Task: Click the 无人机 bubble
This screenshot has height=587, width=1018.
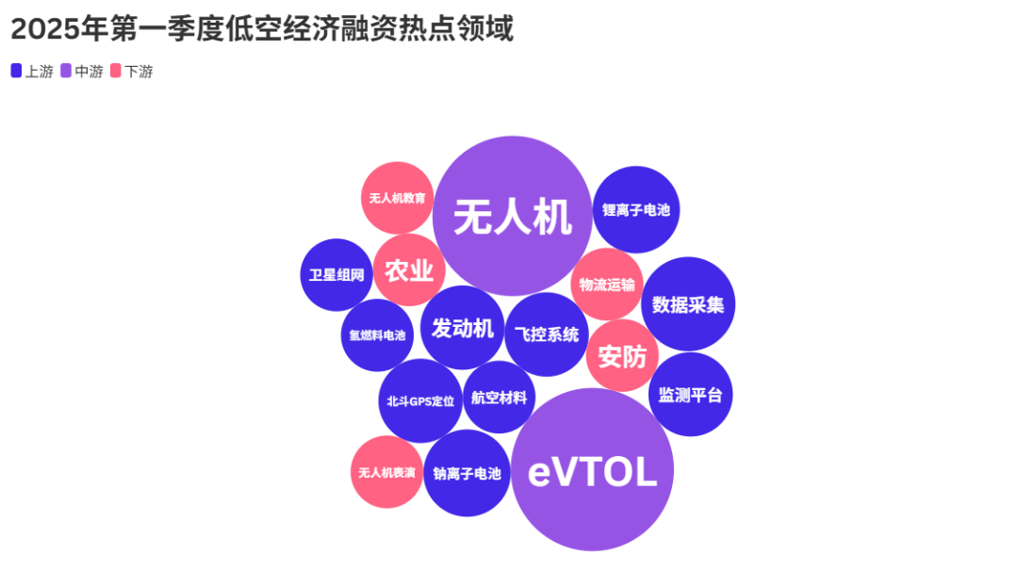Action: click(x=512, y=216)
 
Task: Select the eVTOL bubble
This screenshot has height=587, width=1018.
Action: click(x=592, y=469)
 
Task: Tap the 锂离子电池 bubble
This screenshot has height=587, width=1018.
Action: click(x=636, y=209)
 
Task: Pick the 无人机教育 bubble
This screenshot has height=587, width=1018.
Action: click(x=398, y=198)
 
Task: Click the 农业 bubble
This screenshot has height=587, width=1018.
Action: click(x=409, y=269)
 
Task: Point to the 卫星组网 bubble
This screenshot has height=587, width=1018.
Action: click(x=337, y=275)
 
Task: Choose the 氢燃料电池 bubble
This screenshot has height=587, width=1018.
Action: click(x=377, y=335)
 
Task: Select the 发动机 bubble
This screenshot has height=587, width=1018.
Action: click(x=462, y=328)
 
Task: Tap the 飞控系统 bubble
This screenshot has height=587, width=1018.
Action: click(x=547, y=334)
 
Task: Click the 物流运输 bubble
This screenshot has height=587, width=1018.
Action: click(x=607, y=285)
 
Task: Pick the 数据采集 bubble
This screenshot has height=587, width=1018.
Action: click(x=688, y=304)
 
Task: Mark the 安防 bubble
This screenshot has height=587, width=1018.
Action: click(x=623, y=355)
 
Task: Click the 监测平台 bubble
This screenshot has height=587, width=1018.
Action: click(x=690, y=395)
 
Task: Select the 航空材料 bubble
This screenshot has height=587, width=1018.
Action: click(x=500, y=397)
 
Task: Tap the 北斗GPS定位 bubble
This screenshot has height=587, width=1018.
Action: click(x=420, y=400)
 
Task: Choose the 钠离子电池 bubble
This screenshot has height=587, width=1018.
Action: click(x=467, y=473)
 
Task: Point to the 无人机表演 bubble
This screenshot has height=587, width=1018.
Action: click(x=387, y=472)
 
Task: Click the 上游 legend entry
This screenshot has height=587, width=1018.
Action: click(x=32, y=72)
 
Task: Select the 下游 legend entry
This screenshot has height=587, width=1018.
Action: click(x=132, y=72)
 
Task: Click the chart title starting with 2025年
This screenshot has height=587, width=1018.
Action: click(x=262, y=29)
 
